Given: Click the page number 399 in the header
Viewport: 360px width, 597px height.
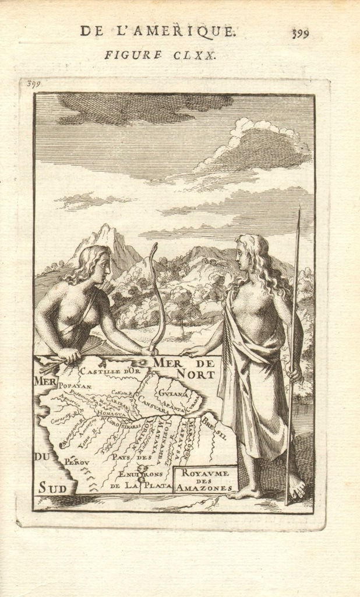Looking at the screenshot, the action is click(300, 33).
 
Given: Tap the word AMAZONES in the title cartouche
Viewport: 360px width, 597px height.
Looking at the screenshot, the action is click(204, 487).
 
